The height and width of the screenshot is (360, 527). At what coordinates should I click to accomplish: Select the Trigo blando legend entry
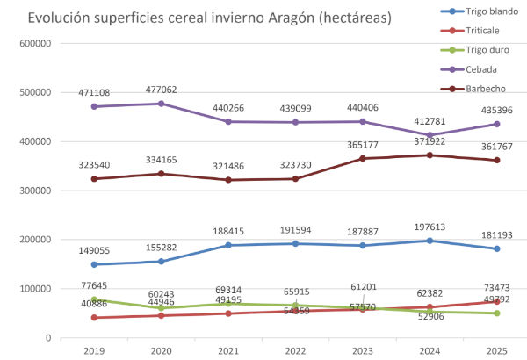click(472, 11)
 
